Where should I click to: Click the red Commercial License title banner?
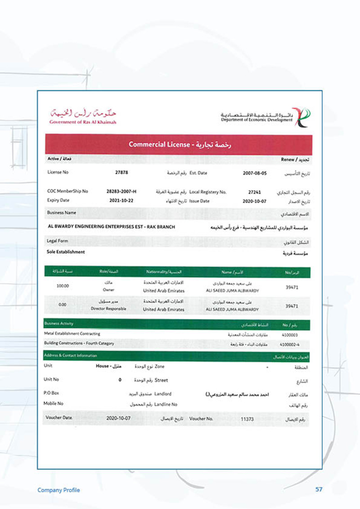179,144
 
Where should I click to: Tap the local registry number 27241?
255,192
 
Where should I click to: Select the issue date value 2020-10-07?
255,201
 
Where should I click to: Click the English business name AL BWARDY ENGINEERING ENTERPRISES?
111,227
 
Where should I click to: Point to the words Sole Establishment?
66,252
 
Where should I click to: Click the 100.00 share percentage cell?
63,286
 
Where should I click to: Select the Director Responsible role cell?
108,309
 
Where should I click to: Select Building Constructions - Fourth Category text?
79,344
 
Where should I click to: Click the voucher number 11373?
247,419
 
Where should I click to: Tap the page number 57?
319,490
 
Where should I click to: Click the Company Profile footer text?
58,490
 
